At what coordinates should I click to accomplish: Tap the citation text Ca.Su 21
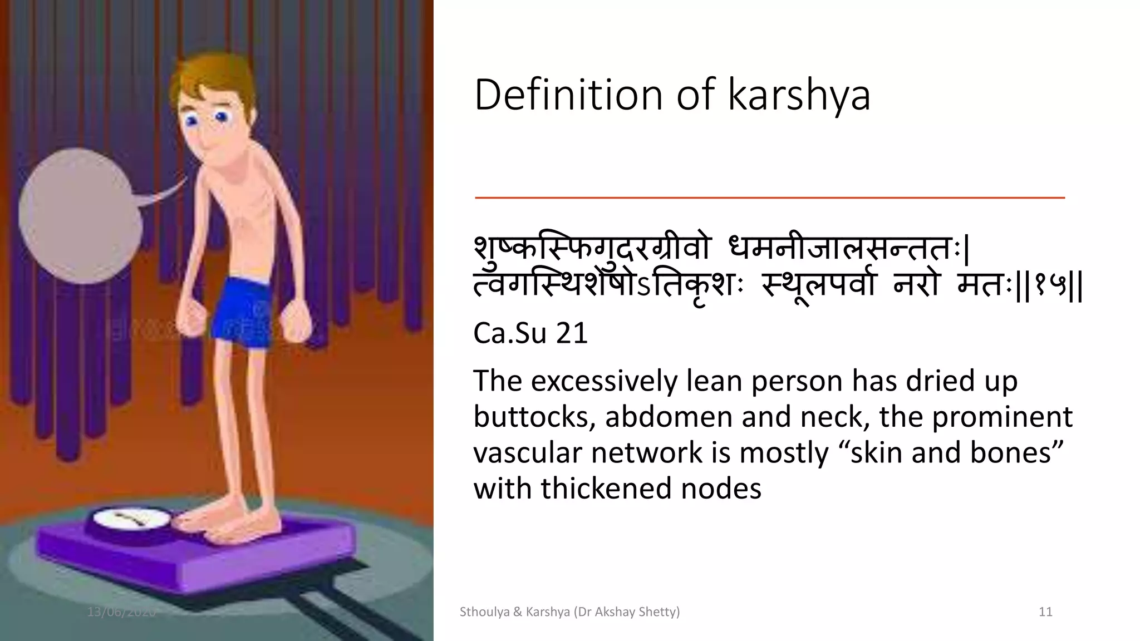tap(530, 334)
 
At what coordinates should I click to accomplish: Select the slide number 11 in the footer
tap(1045, 612)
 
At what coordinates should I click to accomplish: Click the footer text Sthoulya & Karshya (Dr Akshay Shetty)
tap(569, 612)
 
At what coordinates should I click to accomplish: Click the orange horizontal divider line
tap(769, 198)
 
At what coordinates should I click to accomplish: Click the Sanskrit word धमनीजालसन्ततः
tap(846, 249)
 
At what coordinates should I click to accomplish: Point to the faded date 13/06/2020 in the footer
tap(121, 612)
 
